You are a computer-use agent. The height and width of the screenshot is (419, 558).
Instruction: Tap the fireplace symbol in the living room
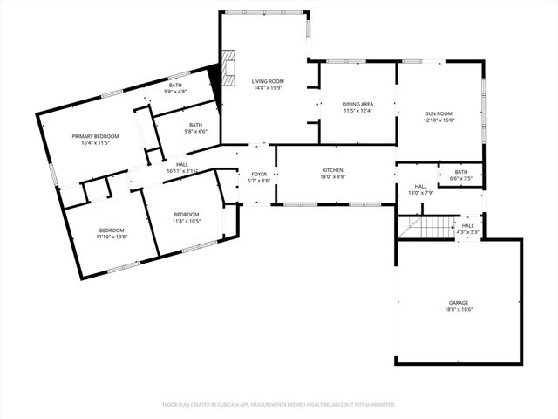click(228, 65)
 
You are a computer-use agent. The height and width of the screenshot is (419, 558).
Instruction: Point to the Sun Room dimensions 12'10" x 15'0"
click(439, 120)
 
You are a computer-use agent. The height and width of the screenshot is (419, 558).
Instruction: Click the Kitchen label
click(332, 169)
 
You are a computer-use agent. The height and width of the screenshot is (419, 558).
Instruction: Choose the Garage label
click(459, 302)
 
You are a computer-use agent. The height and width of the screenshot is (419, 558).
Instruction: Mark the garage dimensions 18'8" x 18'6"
click(459, 309)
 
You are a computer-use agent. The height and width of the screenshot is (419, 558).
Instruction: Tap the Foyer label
click(260, 174)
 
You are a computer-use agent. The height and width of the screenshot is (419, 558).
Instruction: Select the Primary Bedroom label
click(95, 136)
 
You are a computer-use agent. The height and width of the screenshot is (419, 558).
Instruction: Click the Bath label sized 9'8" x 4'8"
click(175, 85)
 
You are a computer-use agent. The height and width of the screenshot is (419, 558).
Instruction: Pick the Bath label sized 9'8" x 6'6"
click(195, 125)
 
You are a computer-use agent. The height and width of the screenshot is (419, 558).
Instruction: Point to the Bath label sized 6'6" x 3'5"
click(461, 172)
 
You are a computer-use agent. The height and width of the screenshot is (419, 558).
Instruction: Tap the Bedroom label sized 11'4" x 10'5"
click(187, 215)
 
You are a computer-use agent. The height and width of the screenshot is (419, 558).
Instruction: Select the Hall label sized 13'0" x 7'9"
click(420, 186)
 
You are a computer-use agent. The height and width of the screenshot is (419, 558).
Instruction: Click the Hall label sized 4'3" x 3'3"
click(467, 225)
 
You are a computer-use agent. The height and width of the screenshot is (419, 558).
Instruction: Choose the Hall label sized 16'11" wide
click(182, 164)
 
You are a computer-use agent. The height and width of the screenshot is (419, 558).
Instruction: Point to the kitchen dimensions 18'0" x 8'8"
click(332, 176)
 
